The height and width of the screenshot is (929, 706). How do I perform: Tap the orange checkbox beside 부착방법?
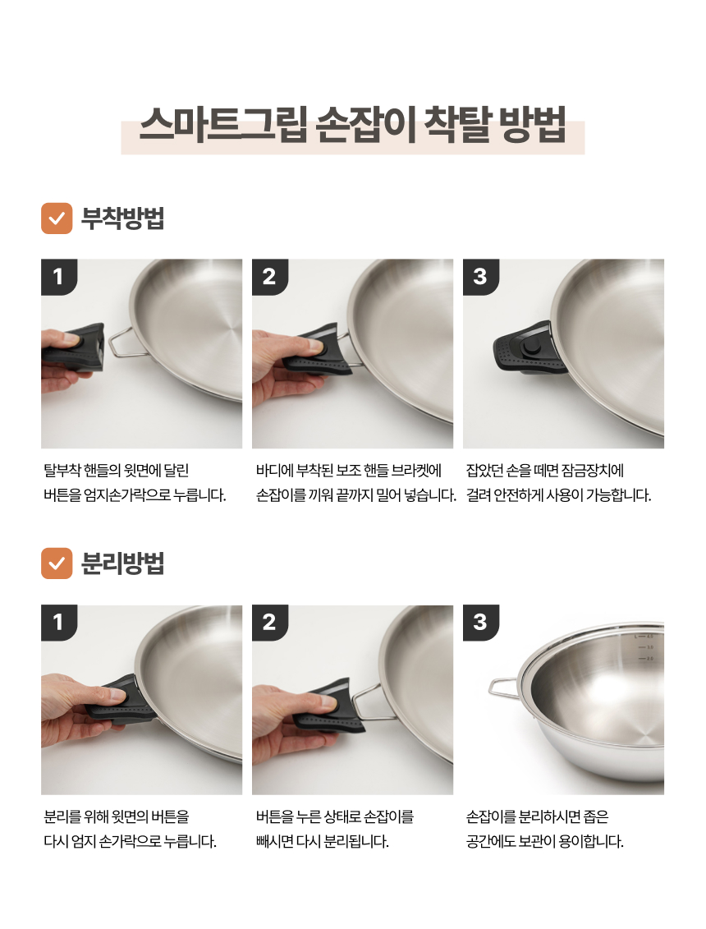tap(57, 218)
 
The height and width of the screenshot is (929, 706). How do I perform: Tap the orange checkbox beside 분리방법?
tap(57, 563)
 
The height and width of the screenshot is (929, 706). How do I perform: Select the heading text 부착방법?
tap(122, 218)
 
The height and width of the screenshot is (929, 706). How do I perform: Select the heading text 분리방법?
tap(122, 563)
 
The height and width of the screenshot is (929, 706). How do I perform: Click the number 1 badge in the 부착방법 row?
tap(58, 277)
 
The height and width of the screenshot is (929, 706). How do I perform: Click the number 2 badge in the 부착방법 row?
tap(269, 277)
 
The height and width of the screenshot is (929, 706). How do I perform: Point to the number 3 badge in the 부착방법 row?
tap(480, 277)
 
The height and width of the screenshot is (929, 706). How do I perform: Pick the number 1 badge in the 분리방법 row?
tap(58, 622)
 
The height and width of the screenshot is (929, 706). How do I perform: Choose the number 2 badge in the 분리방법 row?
tap(269, 622)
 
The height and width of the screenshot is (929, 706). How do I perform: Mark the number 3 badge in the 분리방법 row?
tap(480, 622)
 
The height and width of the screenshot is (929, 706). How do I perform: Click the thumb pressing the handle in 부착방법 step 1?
tap(67, 340)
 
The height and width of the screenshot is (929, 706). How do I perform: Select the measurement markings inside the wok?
tap(644, 647)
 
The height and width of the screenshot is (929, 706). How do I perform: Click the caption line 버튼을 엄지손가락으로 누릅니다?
tap(135, 494)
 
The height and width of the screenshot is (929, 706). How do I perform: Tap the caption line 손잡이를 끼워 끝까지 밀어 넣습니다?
tap(356, 494)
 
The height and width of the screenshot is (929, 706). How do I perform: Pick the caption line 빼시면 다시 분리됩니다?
tap(322, 841)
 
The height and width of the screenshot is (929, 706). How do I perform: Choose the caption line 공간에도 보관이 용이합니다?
tap(544, 841)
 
